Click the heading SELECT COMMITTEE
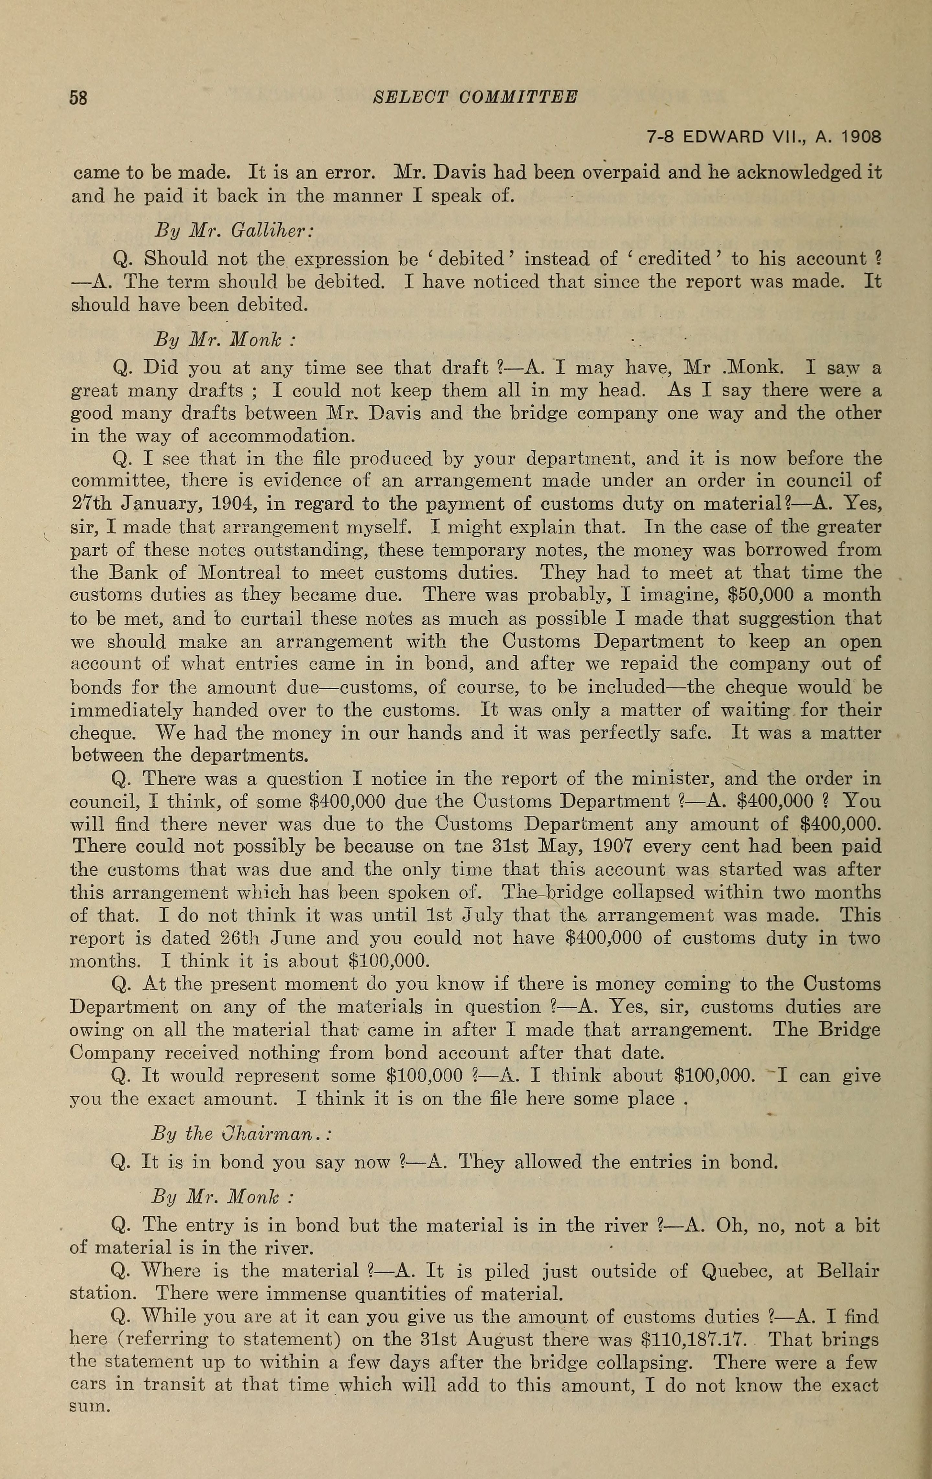(475, 97)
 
